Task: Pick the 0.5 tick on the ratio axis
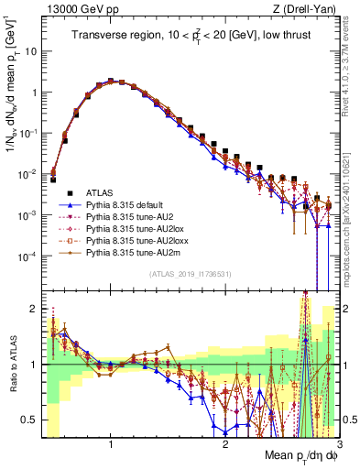pos(30,420)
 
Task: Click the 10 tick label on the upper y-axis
pos(29,51)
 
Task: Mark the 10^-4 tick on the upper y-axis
pos(27,256)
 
